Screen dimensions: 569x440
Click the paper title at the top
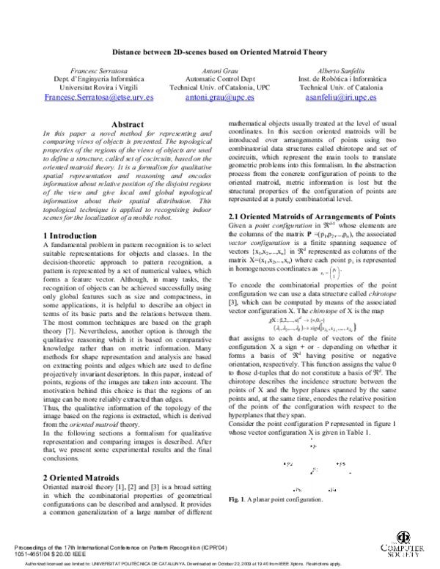pyautogui.click(x=220, y=53)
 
